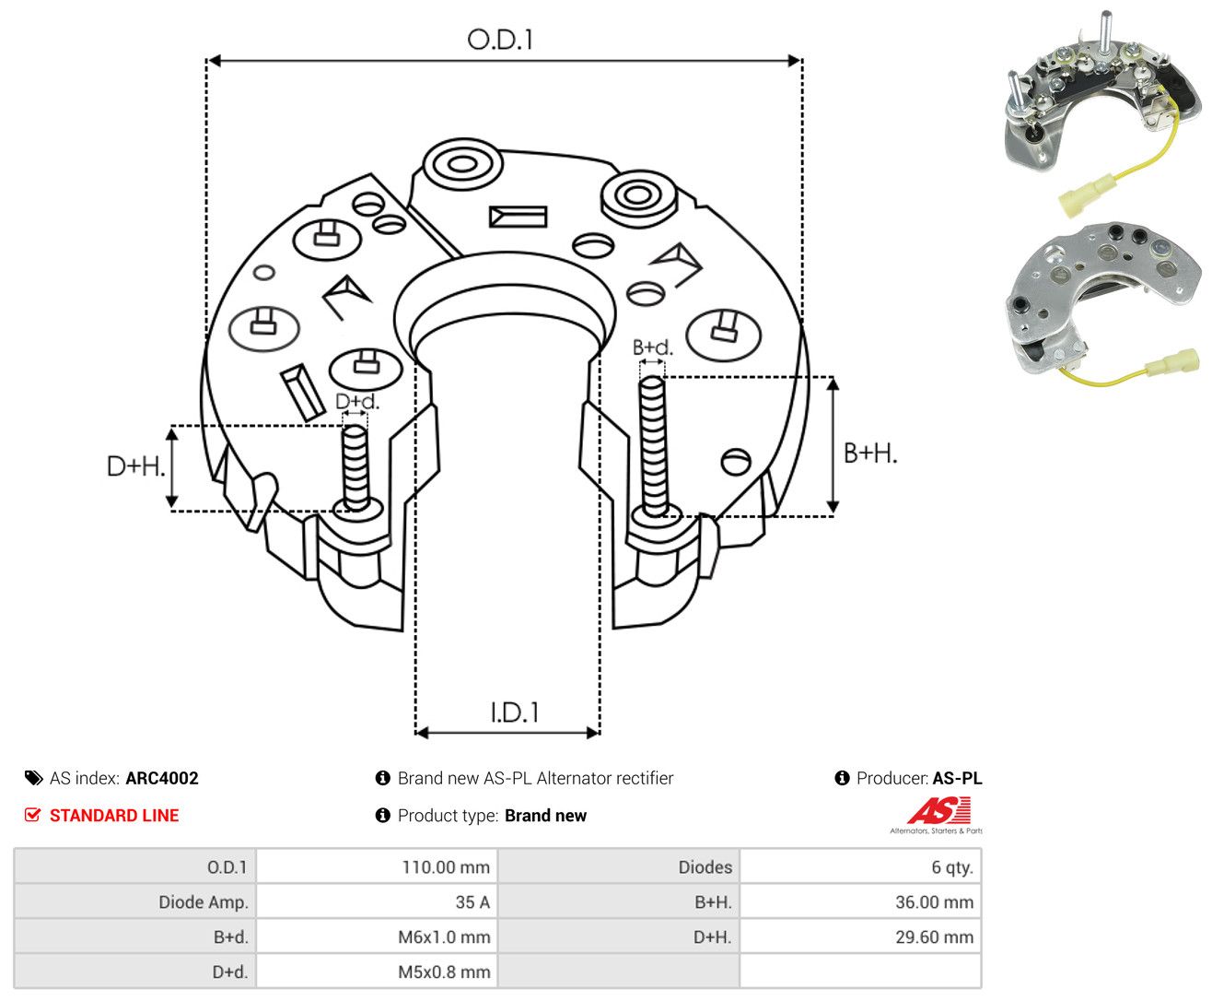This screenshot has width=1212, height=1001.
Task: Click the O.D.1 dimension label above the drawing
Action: tap(500, 40)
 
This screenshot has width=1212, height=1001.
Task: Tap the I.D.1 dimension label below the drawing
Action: tap(514, 712)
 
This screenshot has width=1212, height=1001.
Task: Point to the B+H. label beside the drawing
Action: tap(869, 453)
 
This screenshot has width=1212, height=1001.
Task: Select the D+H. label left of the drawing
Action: tap(135, 465)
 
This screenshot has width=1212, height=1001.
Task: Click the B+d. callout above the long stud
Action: tap(652, 347)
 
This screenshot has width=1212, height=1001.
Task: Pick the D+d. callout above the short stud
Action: tap(357, 401)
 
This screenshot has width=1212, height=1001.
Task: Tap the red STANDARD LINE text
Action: tap(114, 815)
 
